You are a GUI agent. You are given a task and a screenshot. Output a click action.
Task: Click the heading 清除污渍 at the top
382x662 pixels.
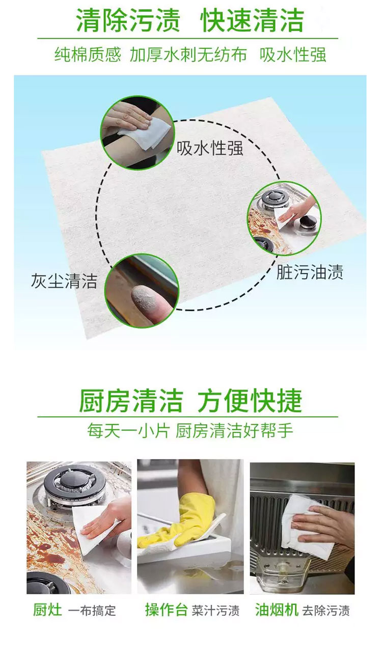point(128,20)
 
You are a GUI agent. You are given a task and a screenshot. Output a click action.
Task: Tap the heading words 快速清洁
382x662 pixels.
point(252,20)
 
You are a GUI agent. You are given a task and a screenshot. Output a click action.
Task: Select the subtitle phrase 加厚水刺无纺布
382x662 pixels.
point(188,54)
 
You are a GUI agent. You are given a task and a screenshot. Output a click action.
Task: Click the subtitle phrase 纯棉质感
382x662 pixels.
point(88,54)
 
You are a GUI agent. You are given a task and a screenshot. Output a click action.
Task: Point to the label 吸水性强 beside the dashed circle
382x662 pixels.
point(210,148)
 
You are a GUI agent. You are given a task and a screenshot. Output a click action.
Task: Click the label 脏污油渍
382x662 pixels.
point(310,272)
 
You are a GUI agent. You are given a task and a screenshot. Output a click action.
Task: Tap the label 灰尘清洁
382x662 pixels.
point(64,281)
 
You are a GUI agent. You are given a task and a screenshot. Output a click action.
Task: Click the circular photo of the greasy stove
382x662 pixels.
point(284,218)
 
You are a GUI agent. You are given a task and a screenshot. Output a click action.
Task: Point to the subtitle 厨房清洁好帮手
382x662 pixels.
point(234,431)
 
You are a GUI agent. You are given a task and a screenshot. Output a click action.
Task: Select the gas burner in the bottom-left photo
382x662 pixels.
point(74,488)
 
